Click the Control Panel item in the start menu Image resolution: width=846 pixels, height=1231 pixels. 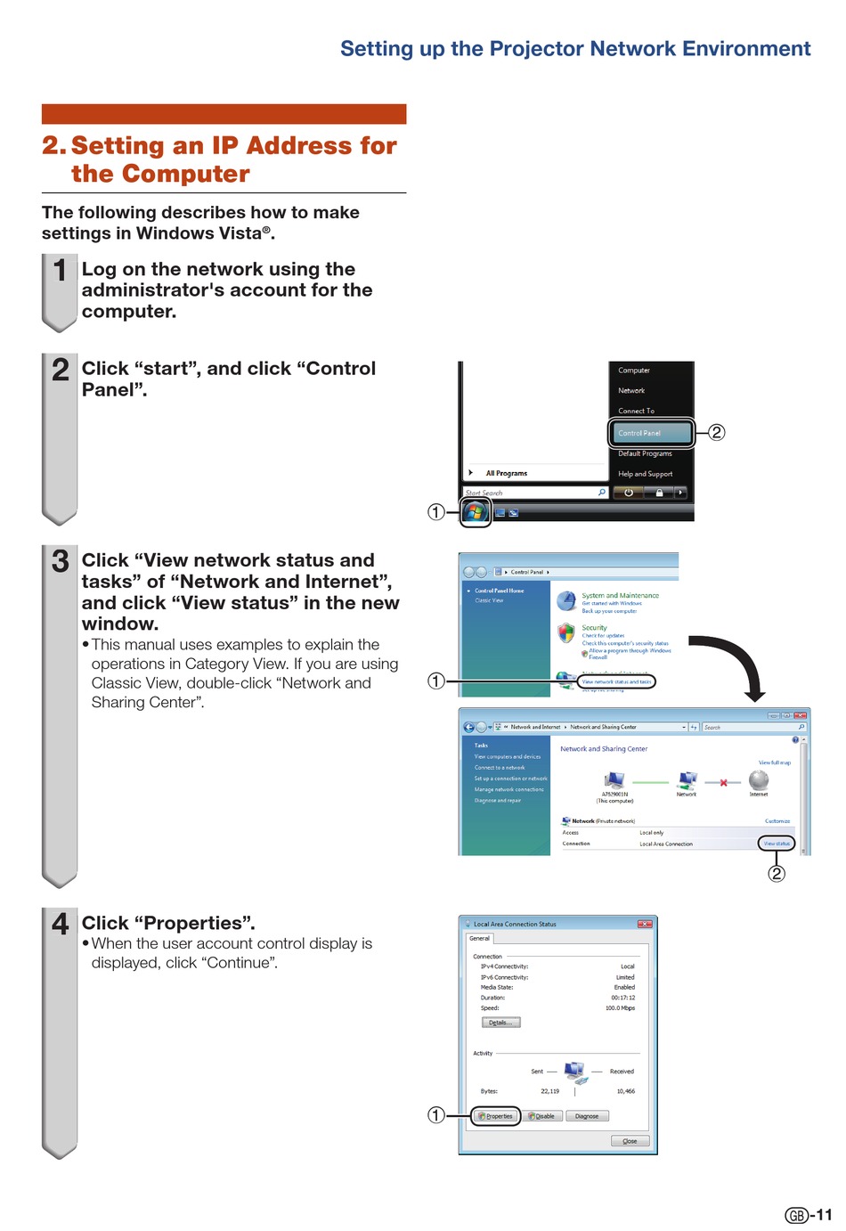tap(649, 433)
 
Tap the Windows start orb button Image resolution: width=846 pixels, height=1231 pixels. tap(476, 511)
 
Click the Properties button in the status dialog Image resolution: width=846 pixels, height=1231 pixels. tap(495, 1116)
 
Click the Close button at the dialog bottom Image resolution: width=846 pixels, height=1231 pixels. tap(630, 1141)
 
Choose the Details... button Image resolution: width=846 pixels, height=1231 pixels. tap(500, 1023)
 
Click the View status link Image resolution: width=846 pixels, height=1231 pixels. tap(777, 844)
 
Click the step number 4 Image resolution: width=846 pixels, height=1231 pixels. tap(60, 924)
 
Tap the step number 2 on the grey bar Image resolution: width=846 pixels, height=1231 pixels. tap(60, 369)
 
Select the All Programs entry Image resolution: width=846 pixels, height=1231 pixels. tap(506, 473)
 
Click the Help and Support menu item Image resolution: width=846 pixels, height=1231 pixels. tap(646, 474)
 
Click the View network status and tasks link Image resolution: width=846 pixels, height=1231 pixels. tap(617, 681)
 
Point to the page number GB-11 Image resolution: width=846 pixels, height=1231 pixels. tap(808, 1215)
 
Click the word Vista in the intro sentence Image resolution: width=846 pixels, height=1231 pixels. tap(240, 233)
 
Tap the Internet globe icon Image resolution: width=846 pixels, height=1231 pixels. tap(759, 780)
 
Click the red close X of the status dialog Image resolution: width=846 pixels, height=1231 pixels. tap(645, 924)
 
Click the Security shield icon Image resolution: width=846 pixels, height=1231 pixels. tap(566, 633)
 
